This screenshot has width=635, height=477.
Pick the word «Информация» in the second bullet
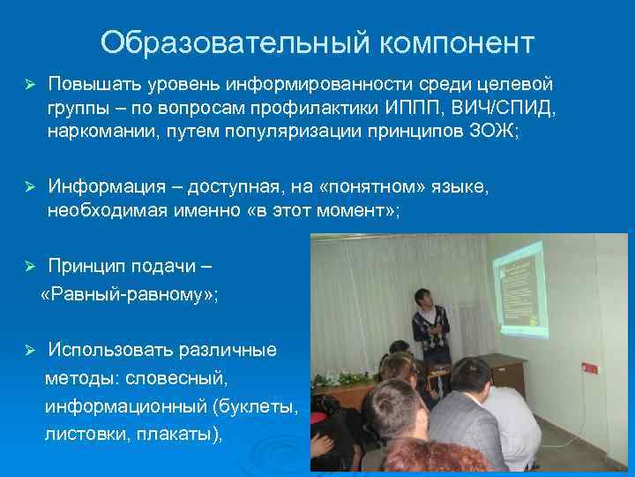107,186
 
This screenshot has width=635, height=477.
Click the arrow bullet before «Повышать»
29,85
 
